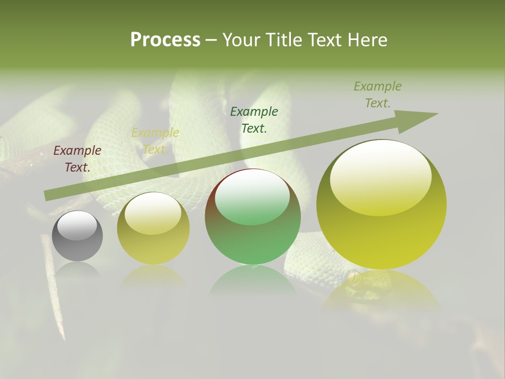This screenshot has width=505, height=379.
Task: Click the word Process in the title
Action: pos(165,40)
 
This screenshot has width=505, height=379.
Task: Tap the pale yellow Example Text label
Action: pos(155,141)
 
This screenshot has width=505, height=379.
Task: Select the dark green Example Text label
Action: pos(254,119)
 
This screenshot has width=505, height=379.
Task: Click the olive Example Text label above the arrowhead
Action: pos(378,95)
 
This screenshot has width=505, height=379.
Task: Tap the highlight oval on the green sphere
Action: pos(252,197)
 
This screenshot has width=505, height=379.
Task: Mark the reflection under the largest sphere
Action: pos(381,290)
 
